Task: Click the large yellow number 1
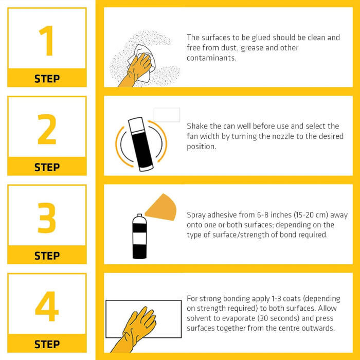[47, 41]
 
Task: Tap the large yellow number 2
[47, 129]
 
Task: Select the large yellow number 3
[47, 218]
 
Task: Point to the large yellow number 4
[47, 307]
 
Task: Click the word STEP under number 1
[47, 79]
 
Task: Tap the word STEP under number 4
[47, 344]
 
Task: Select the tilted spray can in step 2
[141, 145]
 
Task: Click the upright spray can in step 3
[139, 237]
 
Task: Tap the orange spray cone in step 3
[162, 207]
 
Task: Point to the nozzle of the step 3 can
[139, 215]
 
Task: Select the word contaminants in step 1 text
[211, 58]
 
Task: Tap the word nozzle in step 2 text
[283, 136]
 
